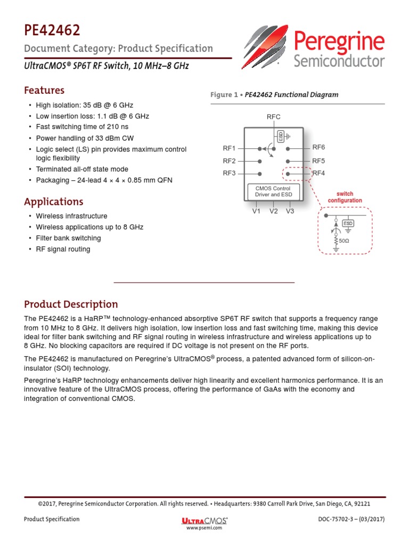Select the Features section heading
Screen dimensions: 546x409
coord(44,90)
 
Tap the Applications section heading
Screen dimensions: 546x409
coord(54,202)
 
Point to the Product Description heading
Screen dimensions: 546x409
coord(71,304)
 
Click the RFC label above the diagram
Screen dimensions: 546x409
coord(273,117)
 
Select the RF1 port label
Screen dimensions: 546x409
coord(229,148)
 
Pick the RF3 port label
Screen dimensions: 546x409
coord(229,173)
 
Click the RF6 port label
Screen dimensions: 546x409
coord(318,147)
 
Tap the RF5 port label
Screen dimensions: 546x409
coord(318,160)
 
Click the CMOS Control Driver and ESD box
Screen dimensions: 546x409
coord(273,191)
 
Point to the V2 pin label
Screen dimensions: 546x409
coord(273,211)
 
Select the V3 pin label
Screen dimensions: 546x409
coord(290,211)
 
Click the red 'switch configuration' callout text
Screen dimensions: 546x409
coord(345,197)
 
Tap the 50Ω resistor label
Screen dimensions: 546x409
coord(344,241)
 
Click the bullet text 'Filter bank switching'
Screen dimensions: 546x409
coord(68,238)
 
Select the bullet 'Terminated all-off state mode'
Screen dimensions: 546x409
coord(82,169)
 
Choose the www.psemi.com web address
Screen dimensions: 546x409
coord(204,528)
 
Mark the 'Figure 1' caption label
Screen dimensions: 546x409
coord(223,95)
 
